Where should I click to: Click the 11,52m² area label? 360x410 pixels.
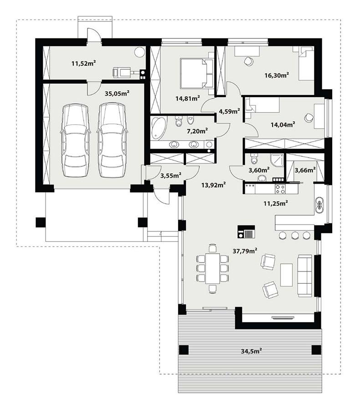tap(83, 63)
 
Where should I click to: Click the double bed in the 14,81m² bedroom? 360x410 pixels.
tap(195, 73)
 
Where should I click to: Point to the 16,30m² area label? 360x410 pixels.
tap(278, 76)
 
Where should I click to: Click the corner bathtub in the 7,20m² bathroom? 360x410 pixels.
tap(158, 128)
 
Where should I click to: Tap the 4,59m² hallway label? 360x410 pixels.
tap(229, 111)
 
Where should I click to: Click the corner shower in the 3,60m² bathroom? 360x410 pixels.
tap(277, 160)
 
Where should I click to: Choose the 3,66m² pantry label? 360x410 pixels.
tap(305, 170)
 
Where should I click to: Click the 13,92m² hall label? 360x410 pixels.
tap(214, 184)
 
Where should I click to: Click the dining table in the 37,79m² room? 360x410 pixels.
tap(212, 268)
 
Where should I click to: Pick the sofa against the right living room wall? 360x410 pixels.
tap(305, 276)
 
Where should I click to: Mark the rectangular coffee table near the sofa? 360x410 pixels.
tap(286, 275)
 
